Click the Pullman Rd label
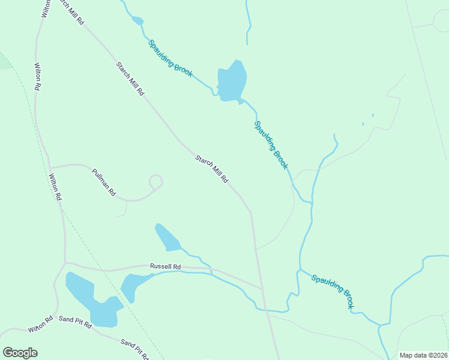tap(104, 183)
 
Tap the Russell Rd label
tap(165, 266)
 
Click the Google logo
tap(20, 353)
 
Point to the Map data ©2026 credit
tap(423, 355)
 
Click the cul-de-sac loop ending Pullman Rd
tap(155, 181)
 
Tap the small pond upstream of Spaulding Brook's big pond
tap(138, 21)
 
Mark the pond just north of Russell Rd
tap(167, 238)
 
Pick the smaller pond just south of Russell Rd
tap(135, 285)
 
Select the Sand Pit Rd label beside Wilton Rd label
tap(75, 322)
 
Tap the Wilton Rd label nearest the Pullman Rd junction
tap(55, 187)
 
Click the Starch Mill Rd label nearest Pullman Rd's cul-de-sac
tap(211, 169)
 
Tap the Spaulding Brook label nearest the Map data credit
tap(332, 291)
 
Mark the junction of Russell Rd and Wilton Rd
tap(65, 263)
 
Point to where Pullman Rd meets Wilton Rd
tap(50, 167)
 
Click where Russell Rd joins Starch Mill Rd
tap(262, 289)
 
